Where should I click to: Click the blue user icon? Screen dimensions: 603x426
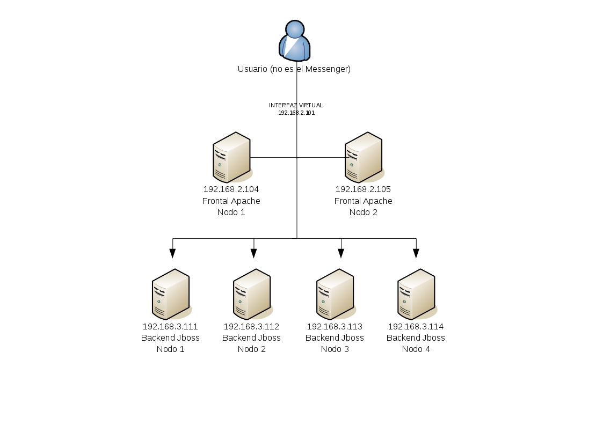coord(295,41)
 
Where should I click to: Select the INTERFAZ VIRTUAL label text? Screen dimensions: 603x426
coord(296,105)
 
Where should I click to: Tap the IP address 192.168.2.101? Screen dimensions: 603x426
coord(296,113)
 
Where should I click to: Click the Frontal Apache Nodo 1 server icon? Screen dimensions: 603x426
coord(233,158)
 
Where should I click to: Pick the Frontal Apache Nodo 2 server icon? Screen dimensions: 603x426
coord(364,158)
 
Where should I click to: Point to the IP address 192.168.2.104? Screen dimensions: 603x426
coord(231,189)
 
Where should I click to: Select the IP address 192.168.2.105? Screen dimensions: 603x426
coord(363,189)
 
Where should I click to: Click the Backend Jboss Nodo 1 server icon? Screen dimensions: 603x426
coord(171,294)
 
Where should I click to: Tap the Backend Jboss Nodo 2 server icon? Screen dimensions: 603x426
coord(253,294)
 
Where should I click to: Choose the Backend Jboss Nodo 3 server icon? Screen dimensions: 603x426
coord(336,294)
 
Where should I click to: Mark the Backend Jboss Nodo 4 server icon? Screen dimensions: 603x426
coord(417,294)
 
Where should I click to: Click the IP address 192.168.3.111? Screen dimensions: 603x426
coord(170,327)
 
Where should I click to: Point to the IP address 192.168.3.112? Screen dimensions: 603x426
coord(251,327)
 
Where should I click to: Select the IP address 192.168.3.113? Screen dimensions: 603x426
coord(335,327)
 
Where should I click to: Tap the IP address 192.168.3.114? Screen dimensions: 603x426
coord(416,327)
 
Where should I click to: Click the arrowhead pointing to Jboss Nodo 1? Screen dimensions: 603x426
coord(173,253)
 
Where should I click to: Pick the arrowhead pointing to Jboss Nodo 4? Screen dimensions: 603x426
coord(416,253)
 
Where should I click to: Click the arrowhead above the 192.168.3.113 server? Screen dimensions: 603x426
coord(341,253)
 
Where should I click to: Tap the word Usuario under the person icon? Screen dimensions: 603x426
coord(252,69)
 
